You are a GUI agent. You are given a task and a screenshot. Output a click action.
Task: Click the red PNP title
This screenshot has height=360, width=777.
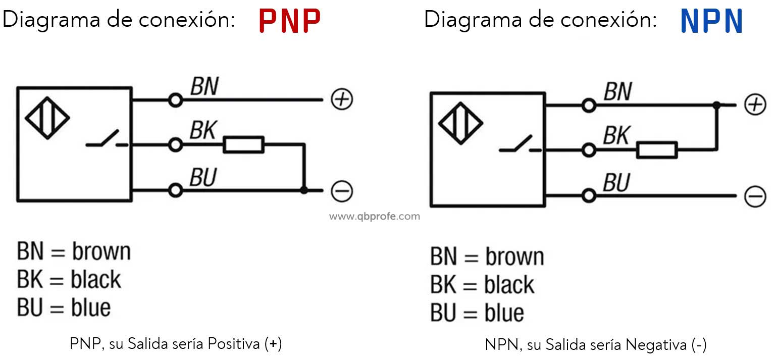[290, 21]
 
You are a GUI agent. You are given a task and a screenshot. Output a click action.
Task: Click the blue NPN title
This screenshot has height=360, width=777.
[711, 21]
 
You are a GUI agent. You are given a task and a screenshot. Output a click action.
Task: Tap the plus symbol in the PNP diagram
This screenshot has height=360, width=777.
[342, 99]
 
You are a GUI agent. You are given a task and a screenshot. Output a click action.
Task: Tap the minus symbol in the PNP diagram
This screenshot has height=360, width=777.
[342, 191]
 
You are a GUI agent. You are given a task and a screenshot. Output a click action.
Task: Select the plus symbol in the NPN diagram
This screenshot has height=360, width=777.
[755, 105]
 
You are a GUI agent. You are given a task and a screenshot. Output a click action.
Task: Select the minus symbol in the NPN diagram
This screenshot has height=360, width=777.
[755, 196]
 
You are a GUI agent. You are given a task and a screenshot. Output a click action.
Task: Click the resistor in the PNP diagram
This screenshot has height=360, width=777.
[243, 144]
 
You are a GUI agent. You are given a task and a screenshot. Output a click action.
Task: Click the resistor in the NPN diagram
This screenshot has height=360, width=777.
[657, 150]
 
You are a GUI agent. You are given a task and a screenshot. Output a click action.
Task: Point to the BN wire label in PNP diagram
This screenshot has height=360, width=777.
[204, 86]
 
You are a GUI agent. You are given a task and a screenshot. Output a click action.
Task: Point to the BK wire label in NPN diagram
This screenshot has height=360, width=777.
[616, 135]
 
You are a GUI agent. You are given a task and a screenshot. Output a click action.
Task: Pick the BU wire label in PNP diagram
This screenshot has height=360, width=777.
[203, 177]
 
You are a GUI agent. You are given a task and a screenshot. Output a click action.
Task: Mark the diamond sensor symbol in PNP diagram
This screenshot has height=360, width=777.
[47, 118]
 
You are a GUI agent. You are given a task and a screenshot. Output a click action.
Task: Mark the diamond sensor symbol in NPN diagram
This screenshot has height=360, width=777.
[460, 123]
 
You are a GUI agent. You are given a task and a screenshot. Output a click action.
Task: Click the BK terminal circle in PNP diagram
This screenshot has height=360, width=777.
[176, 144]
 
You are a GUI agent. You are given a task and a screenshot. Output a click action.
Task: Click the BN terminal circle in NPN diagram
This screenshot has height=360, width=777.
[589, 105]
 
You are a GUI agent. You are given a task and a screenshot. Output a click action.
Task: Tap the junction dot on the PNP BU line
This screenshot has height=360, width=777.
[304, 190]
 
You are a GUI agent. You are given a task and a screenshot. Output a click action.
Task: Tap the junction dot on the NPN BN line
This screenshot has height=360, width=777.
[716, 105]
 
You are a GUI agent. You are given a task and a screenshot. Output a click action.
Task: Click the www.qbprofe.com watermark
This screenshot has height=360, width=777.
[375, 217]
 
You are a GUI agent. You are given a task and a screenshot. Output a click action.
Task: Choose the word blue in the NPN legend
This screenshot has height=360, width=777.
[504, 313]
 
